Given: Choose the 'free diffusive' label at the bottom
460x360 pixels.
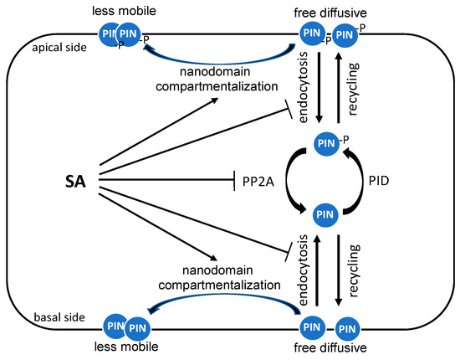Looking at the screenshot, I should [327, 349].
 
